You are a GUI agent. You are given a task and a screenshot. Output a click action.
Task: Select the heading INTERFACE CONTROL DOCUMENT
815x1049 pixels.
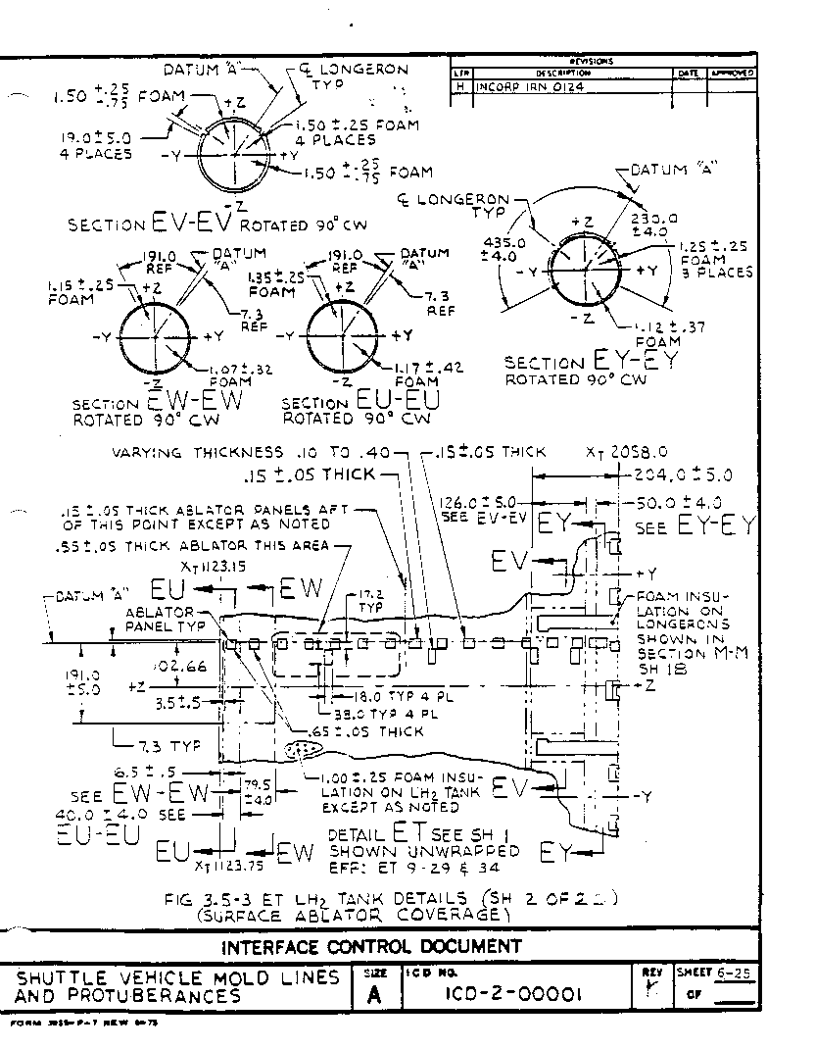pyautogui.click(x=372, y=946)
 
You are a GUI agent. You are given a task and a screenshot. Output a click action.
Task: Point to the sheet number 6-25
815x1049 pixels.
pyautogui.click(x=734, y=973)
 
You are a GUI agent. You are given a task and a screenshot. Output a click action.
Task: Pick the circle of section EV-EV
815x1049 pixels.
pyautogui.click(x=232, y=157)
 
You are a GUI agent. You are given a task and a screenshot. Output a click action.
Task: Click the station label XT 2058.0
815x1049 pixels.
pyautogui.click(x=626, y=452)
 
